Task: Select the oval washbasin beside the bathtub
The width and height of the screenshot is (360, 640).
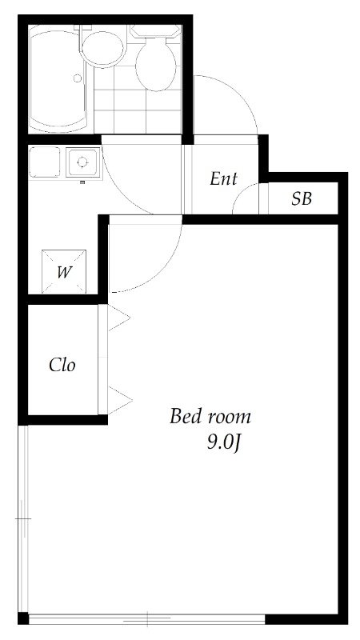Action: click(102, 48)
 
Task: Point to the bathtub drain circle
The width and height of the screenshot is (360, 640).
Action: click(78, 78)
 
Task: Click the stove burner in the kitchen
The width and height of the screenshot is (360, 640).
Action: click(82, 162)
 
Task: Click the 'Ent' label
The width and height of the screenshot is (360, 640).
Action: click(223, 179)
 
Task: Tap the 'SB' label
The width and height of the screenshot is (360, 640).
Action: click(301, 199)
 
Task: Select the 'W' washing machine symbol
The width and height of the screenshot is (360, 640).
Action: click(64, 271)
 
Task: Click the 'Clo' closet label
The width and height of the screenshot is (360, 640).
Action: click(62, 365)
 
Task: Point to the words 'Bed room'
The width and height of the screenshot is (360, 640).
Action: click(210, 417)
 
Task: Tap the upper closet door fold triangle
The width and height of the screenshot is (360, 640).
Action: click(118, 319)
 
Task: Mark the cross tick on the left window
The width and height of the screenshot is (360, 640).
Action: click(22, 519)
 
